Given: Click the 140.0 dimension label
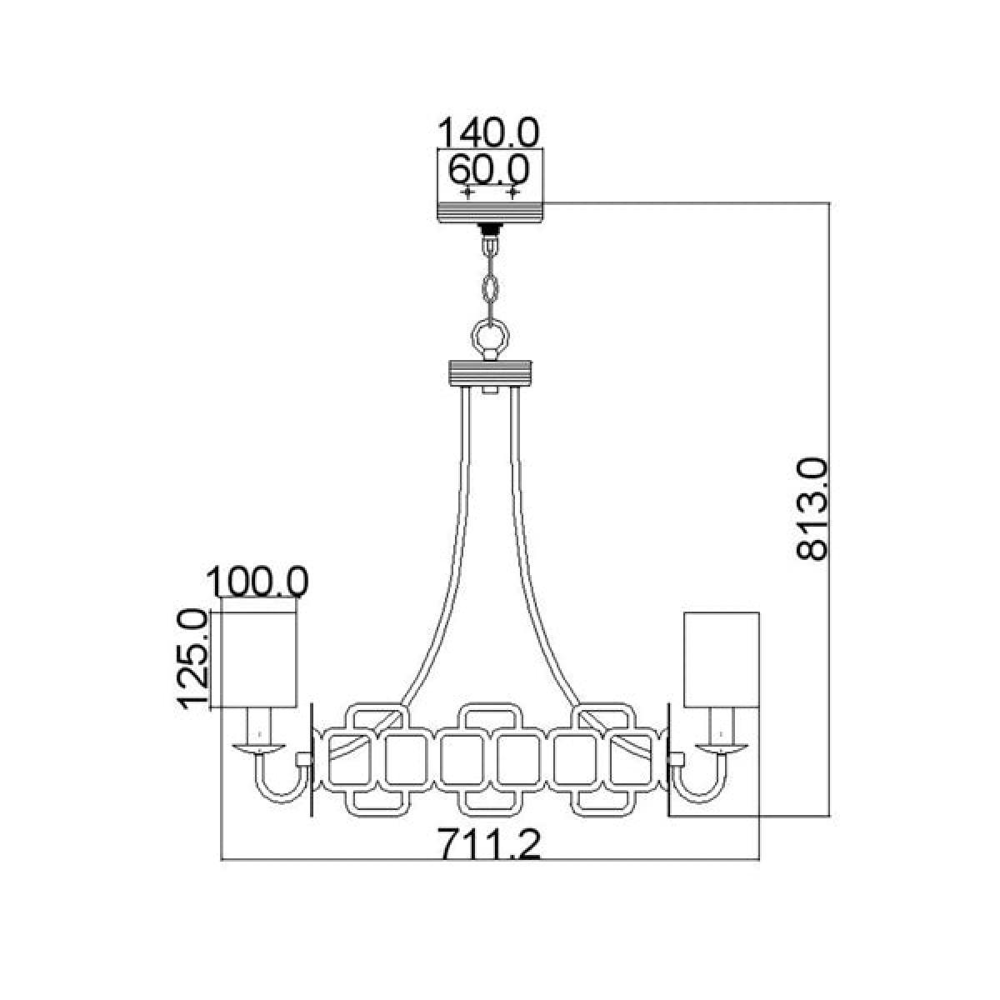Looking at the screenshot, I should click(489, 132).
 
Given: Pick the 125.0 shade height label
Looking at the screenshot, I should click(192, 658).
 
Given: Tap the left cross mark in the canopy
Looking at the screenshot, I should click(468, 193).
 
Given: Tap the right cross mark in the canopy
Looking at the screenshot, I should click(512, 193).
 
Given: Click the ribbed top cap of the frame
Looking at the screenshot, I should click(490, 372).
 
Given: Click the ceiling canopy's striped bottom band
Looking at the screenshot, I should click(490, 212).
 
